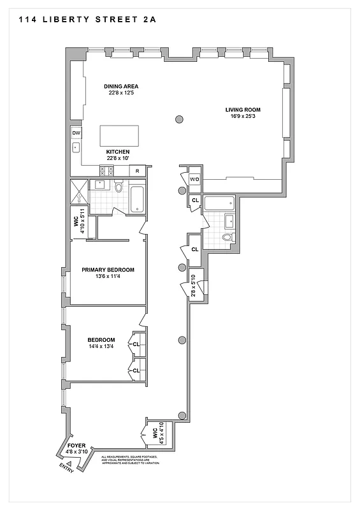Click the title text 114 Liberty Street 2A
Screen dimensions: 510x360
[82, 20]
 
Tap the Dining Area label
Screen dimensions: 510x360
[121, 86]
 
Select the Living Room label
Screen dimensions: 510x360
[243, 110]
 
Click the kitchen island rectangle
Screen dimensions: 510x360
[120, 136]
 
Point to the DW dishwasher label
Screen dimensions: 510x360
[76, 133]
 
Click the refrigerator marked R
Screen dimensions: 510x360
[138, 171]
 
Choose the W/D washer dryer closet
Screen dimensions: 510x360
[194, 180]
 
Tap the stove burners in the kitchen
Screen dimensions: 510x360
[106, 171]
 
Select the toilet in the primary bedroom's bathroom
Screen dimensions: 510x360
[118, 186]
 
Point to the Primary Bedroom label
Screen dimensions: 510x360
[108, 270]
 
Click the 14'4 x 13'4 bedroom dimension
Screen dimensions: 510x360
[101, 348]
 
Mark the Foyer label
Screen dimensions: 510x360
[76, 446]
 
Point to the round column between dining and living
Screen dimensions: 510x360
[180, 119]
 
